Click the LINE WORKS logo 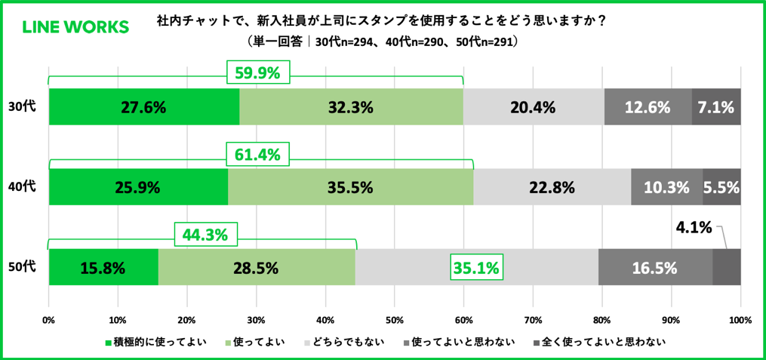[x=75, y=27]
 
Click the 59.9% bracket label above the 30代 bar [x=257, y=74]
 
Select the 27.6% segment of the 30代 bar [x=143, y=107]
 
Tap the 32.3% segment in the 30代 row [x=351, y=107]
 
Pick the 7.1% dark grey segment [x=716, y=107]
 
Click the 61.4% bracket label [x=257, y=155]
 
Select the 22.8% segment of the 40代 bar [x=552, y=187]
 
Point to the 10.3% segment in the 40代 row [x=666, y=187]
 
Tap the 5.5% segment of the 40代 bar [x=721, y=187]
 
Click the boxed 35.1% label [x=475, y=267]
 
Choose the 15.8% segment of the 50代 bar [x=103, y=267]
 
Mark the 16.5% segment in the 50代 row [x=655, y=267]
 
